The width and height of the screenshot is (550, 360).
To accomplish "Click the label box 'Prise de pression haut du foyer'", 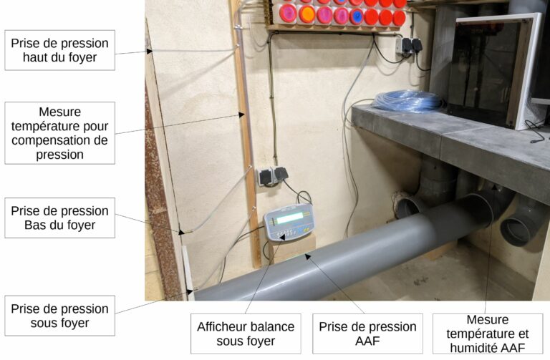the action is [59, 50].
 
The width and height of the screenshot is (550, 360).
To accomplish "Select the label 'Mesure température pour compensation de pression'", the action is [59, 133].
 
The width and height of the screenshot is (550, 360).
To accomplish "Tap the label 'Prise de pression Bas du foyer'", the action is [59, 218].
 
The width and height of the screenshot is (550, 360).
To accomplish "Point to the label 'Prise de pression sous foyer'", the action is [59, 316].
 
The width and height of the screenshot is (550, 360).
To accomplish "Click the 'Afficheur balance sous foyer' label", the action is [246, 334].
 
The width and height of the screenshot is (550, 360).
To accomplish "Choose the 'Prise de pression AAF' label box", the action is [367, 334].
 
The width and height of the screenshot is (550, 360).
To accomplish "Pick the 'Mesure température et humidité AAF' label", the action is [488, 334].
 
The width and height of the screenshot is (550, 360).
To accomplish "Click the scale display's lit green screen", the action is [290, 218].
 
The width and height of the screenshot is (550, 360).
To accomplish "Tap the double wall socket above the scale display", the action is [272, 176].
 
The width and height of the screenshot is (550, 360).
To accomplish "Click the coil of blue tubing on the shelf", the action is [407, 101].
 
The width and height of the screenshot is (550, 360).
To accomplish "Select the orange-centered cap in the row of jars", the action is [307, 15].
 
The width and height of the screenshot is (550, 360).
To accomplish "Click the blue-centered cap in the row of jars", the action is [357, 16].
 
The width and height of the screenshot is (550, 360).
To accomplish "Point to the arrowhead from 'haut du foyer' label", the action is [150, 52].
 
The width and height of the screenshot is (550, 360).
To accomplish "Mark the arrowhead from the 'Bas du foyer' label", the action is [181, 232].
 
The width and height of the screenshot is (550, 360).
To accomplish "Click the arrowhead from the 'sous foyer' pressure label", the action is [189, 291].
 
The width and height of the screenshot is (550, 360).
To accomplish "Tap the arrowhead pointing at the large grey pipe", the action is [308, 257].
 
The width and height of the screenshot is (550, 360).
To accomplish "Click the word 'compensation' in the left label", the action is [59, 140].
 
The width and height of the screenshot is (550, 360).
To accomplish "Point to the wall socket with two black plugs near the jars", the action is [409, 46].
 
